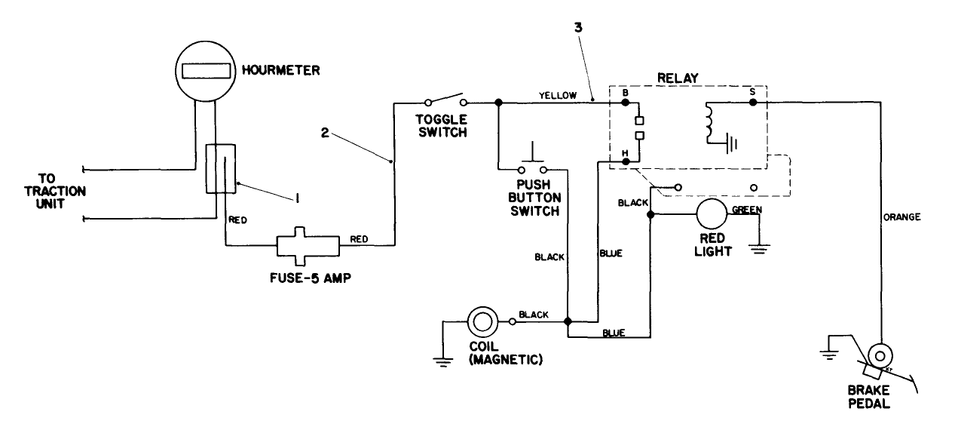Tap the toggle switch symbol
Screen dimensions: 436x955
(x=445, y=100)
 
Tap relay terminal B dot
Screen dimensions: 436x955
(x=625, y=101)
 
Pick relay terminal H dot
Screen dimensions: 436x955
(x=625, y=161)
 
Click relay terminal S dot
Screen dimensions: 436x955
(x=752, y=101)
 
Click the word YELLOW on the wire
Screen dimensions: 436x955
(x=558, y=94)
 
